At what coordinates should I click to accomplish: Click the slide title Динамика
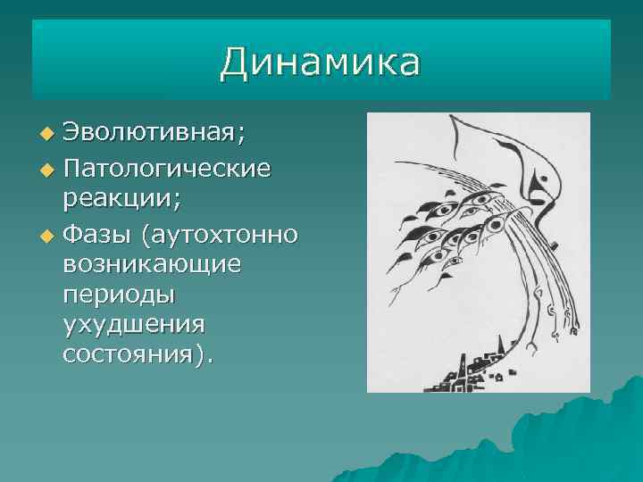320,62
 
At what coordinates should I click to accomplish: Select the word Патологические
168,167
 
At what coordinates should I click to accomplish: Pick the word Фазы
101,234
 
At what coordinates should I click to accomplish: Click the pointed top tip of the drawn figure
457,121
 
